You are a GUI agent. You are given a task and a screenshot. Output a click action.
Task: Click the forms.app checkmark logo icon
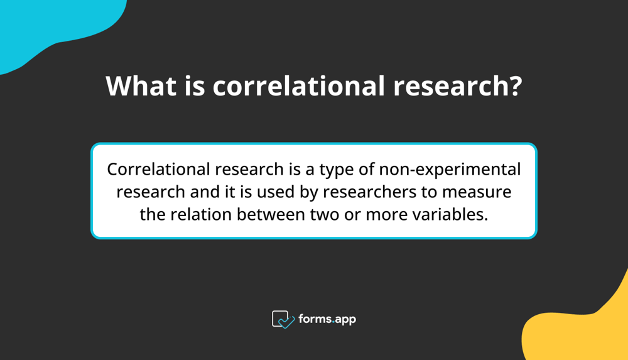tap(283, 319)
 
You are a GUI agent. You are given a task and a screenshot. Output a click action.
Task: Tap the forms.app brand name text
tap(327, 319)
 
